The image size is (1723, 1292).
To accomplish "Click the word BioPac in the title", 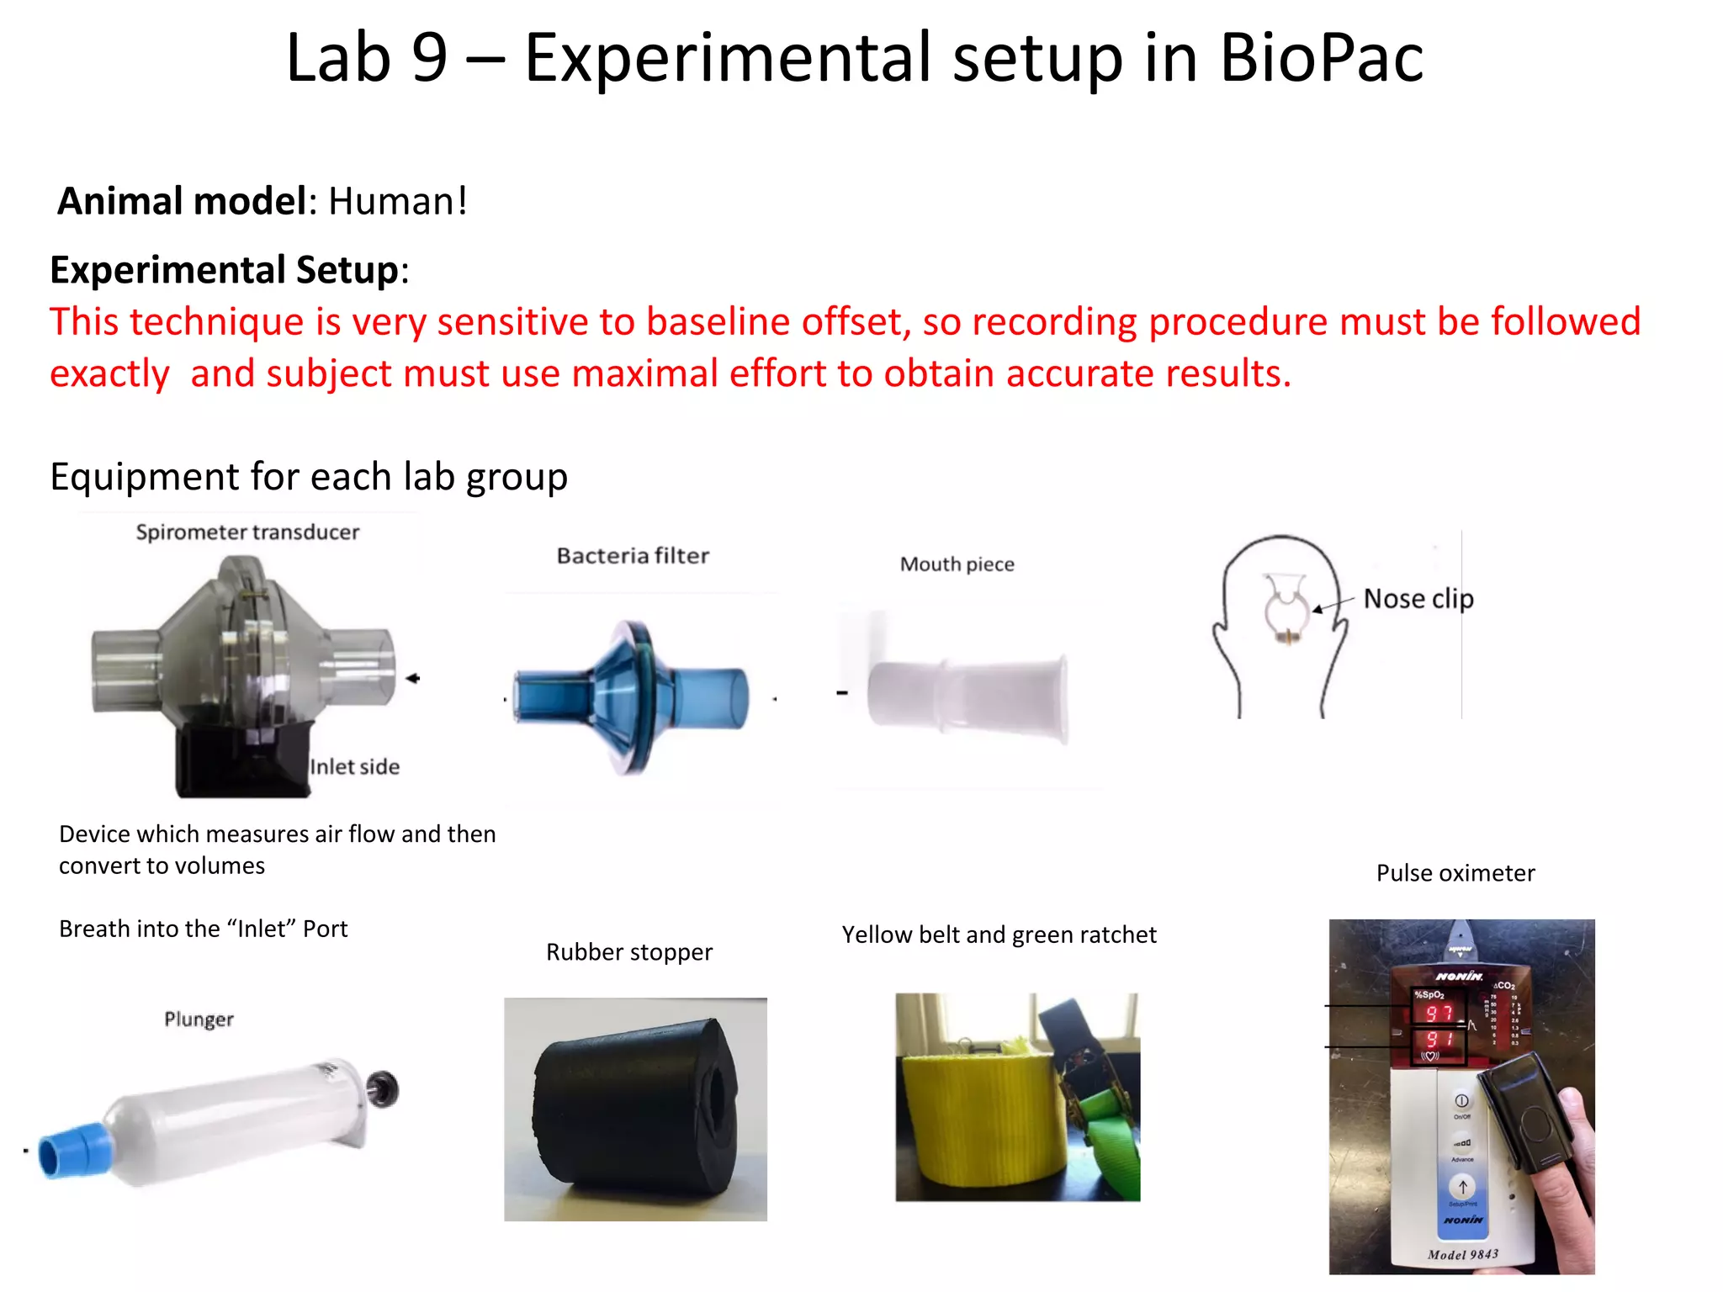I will coord(1321,59).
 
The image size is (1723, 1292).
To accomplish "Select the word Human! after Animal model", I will coord(397,202).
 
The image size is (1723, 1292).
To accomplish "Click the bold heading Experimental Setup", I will coord(224,271).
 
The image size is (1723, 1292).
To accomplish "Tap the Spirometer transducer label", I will coord(247,532).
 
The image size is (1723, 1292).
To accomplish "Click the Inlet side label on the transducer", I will coord(354,767).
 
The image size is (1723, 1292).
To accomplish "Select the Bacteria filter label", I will coord(633,556).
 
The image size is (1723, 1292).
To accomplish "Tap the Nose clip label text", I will coord(1418,599).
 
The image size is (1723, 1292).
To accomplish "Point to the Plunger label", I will coord(199,1019).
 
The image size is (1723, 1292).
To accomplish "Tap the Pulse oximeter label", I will coord(1455,873).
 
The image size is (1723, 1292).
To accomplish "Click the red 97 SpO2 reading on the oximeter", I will coord(1439,1014).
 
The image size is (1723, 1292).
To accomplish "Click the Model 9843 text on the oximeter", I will coord(1463,1254).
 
